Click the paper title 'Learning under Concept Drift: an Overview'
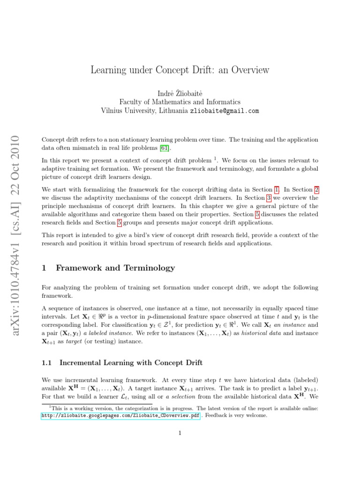pyautogui.click(x=180, y=70)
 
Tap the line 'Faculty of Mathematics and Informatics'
pyautogui.click(x=180, y=101)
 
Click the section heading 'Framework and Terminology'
pyautogui.click(x=115, y=268)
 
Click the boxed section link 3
pyautogui.click(x=269, y=198)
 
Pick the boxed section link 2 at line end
pyautogui.click(x=316, y=189)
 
